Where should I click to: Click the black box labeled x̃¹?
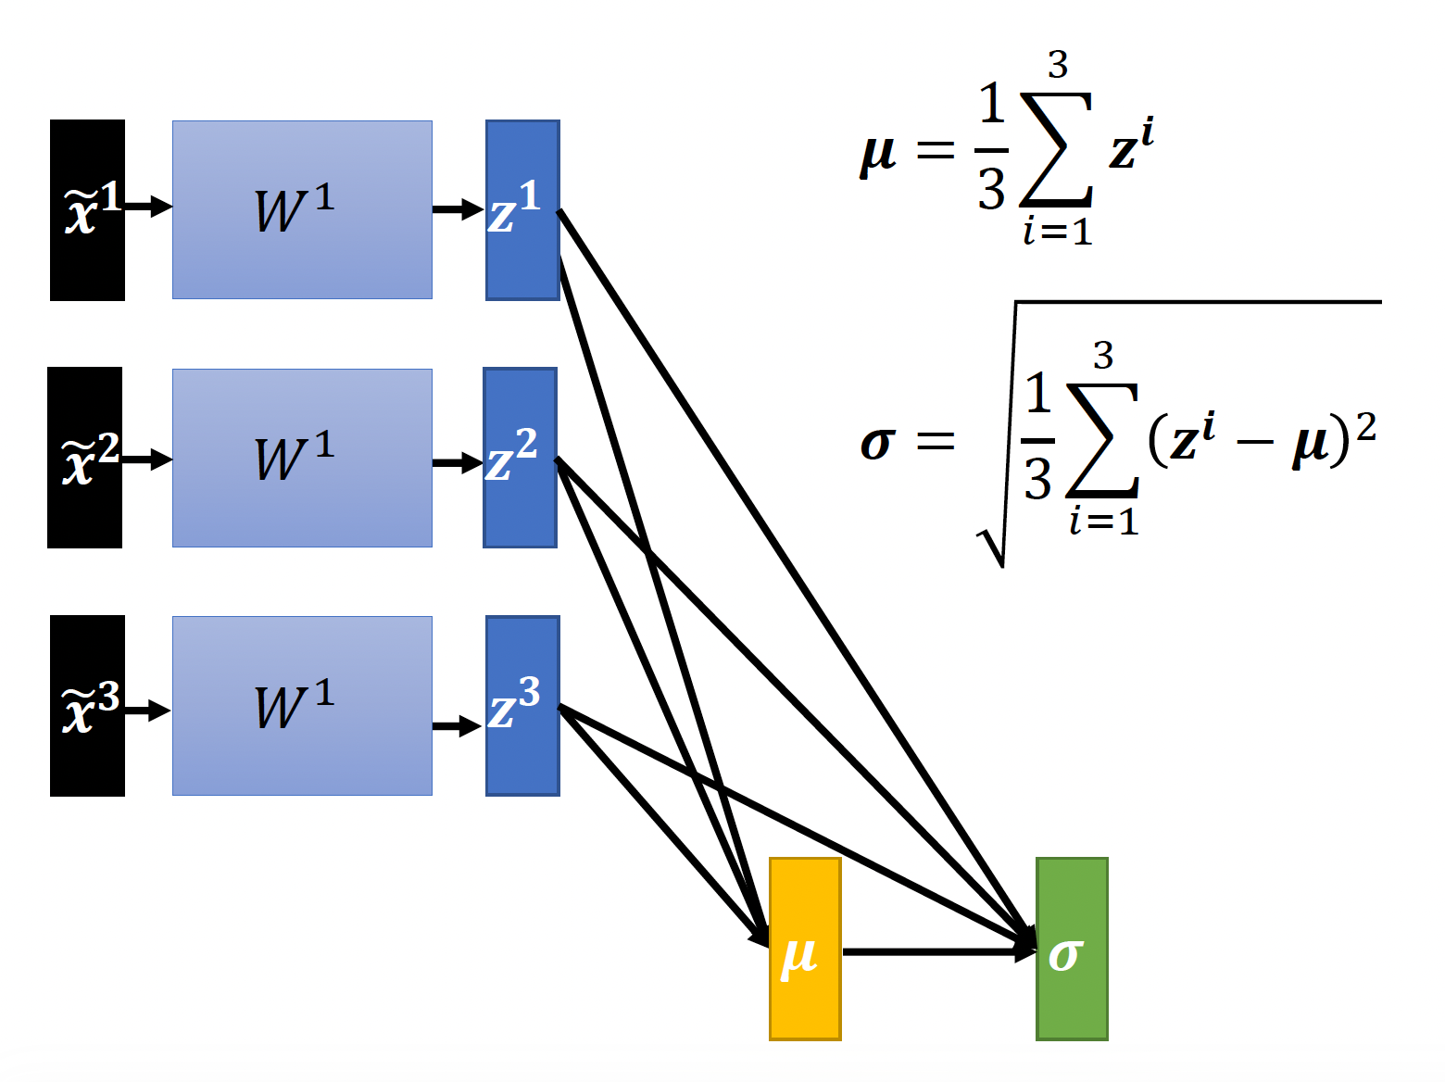click(87, 210)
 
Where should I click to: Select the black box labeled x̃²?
click(84, 458)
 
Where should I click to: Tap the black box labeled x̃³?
click(87, 706)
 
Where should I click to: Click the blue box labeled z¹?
click(522, 210)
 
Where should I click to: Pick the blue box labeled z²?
click(520, 458)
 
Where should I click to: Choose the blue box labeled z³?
click(522, 706)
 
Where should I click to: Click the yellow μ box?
click(805, 949)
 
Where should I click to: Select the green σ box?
click(1072, 949)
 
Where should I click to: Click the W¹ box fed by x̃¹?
click(302, 210)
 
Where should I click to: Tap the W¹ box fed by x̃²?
click(302, 458)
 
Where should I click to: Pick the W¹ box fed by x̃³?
click(302, 706)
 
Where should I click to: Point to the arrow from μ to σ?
click(936, 951)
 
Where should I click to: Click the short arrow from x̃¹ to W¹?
click(148, 206)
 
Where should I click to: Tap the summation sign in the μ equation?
click(1056, 148)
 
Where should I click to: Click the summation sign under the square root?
click(1102, 440)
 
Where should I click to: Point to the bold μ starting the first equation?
click(877, 153)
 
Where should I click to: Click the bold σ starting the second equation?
click(877, 443)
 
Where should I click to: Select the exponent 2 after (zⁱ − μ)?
click(1365, 426)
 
